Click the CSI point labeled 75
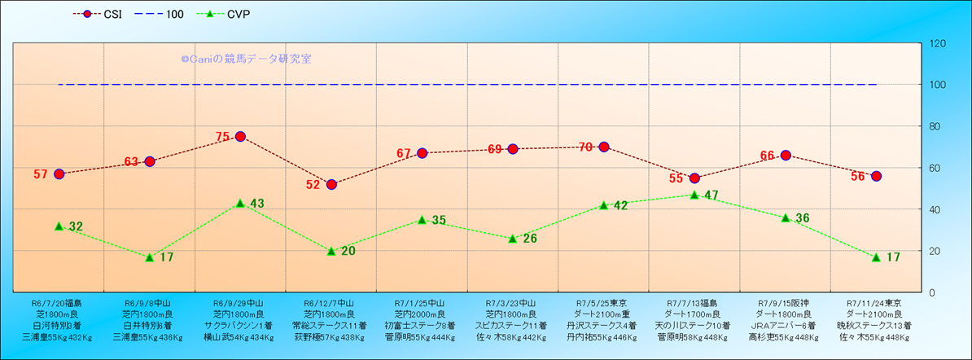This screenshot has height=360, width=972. [x=240, y=136]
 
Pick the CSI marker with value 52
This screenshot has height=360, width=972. [x=331, y=184]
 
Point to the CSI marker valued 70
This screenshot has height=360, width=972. [x=604, y=147]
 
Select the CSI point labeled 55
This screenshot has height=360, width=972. [x=694, y=178]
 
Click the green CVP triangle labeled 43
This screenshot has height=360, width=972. [x=240, y=203]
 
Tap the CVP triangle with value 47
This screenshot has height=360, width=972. [x=694, y=195]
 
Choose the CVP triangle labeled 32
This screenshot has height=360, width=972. [x=59, y=226]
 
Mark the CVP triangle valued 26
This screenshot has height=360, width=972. [x=513, y=239]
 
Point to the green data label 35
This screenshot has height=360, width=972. [x=439, y=220]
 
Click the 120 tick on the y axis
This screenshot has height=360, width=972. [x=938, y=43]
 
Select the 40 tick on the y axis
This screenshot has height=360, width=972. [x=935, y=209]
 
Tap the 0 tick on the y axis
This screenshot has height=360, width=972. [x=932, y=292]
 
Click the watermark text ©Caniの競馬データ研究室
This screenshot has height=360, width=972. [x=246, y=59]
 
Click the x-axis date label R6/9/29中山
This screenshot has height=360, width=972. [x=240, y=302]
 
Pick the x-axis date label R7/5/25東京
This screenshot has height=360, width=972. [x=604, y=302]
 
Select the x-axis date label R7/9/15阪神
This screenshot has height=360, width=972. [x=786, y=302]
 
